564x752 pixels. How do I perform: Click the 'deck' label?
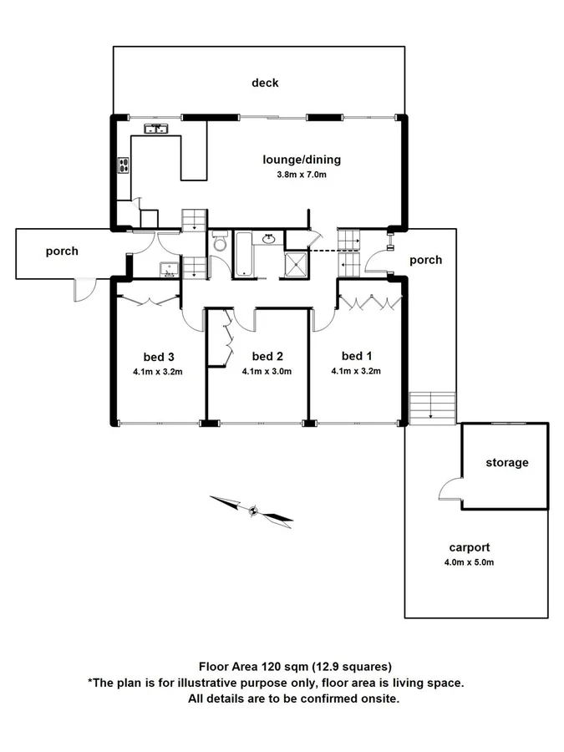pos(265,83)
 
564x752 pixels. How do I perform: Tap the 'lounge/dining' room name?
pos(302,160)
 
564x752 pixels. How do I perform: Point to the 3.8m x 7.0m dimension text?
pos(302,175)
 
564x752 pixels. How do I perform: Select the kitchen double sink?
pos(156,129)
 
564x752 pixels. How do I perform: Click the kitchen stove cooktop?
pos(124,165)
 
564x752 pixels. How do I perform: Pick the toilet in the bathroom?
pos(220,242)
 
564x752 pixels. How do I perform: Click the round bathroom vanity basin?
pos(269,240)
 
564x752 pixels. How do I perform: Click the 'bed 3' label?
pos(158,358)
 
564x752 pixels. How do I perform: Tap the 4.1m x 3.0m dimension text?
pos(266,372)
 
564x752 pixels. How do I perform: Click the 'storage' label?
pos(507,462)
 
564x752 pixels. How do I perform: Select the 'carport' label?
pos(469,548)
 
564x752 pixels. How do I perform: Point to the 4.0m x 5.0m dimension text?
pos(469,561)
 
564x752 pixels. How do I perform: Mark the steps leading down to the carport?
pos(432,407)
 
